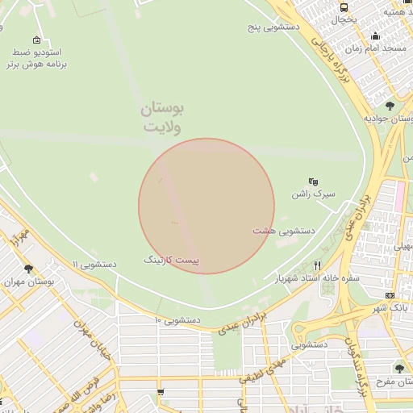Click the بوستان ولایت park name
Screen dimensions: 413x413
click(x=163, y=118)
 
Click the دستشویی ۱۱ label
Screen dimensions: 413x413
click(x=94, y=265)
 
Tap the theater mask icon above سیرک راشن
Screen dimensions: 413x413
click(x=314, y=181)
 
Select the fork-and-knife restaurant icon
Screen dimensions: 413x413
click(x=317, y=265)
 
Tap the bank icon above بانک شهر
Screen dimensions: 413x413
click(x=390, y=295)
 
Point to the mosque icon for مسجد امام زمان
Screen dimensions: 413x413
click(x=375, y=35)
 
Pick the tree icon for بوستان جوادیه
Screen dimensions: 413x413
click(x=390, y=106)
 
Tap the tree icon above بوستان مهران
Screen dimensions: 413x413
click(x=28, y=269)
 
